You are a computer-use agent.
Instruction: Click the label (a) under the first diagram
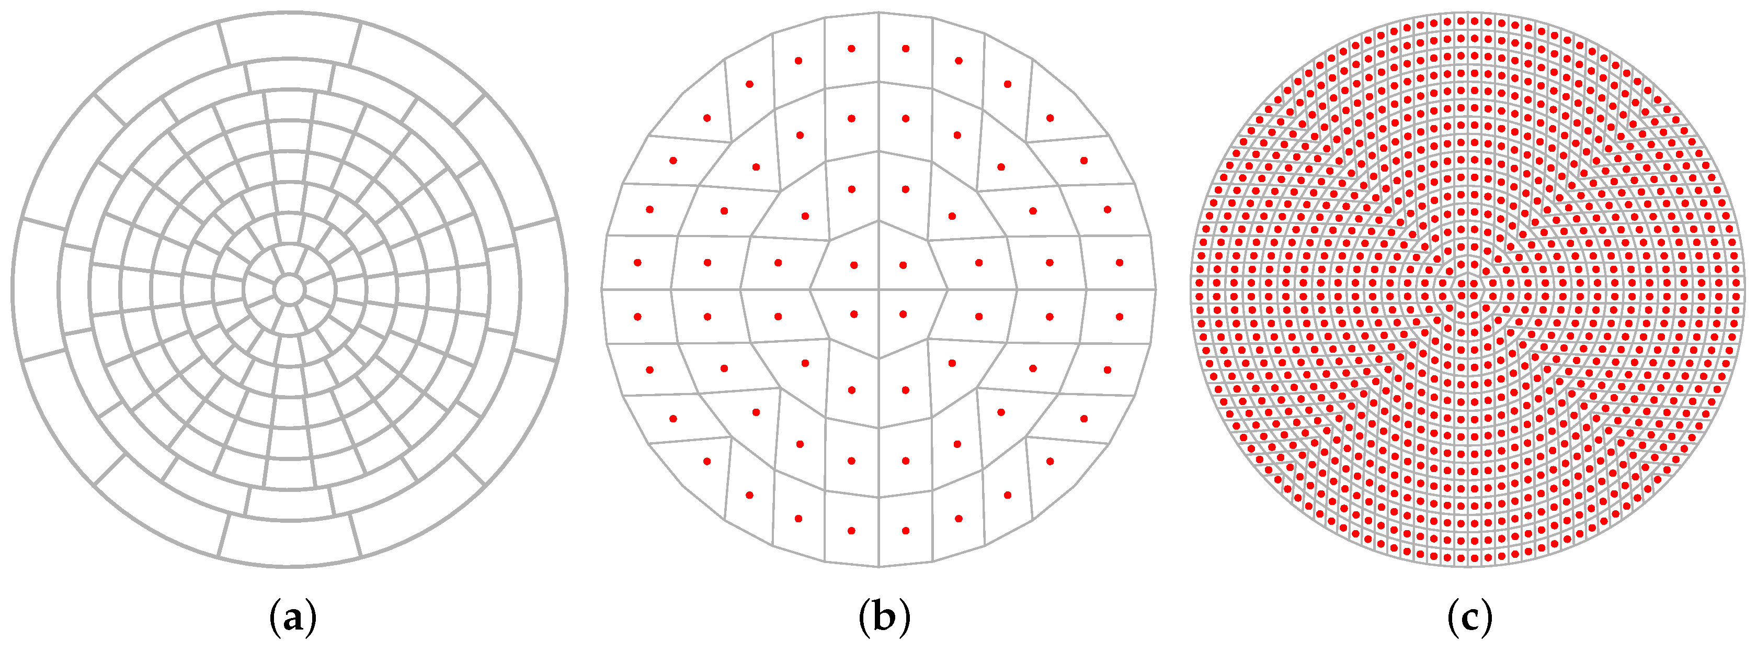tap(293, 618)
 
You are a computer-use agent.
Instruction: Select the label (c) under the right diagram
tap(1470, 618)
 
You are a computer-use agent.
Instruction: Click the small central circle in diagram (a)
tap(289, 289)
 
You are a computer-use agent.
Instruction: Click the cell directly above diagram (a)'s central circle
tap(289, 260)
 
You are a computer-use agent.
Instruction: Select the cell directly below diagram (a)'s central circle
tap(289, 319)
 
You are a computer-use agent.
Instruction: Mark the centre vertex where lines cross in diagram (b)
tap(878, 290)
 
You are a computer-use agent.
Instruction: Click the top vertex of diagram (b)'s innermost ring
tap(878, 221)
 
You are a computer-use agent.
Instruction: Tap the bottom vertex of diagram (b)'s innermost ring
tap(878, 357)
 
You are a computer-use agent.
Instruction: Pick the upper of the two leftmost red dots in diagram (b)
tap(638, 262)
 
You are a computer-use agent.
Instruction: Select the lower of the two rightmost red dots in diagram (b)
tap(1119, 317)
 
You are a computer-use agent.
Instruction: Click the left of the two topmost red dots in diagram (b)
tap(851, 49)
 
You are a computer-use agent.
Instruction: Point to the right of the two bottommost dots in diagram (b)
tap(905, 530)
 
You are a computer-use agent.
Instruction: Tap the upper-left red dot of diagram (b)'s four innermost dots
tap(854, 265)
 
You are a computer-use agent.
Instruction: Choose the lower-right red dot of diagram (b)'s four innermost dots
tap(903, 315)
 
